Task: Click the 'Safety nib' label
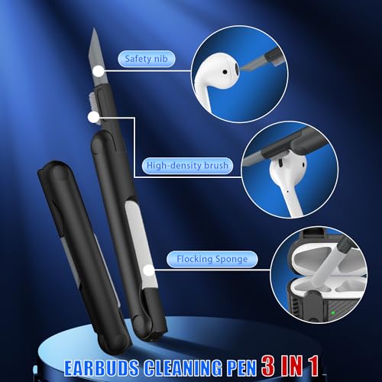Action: pos(146,59)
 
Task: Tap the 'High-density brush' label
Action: pos(187,166)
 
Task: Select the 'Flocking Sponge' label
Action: pos(212,259)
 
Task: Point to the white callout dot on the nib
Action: pos(99,72)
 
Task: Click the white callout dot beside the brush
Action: pos(93,118)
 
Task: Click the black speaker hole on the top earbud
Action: pos(225,72)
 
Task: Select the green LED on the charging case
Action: pos(333,312)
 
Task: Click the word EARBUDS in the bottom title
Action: pos(102,367)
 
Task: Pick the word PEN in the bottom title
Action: pos(241,367)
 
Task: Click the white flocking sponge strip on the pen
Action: pos(141,244)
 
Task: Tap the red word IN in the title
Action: pos(291,365)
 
